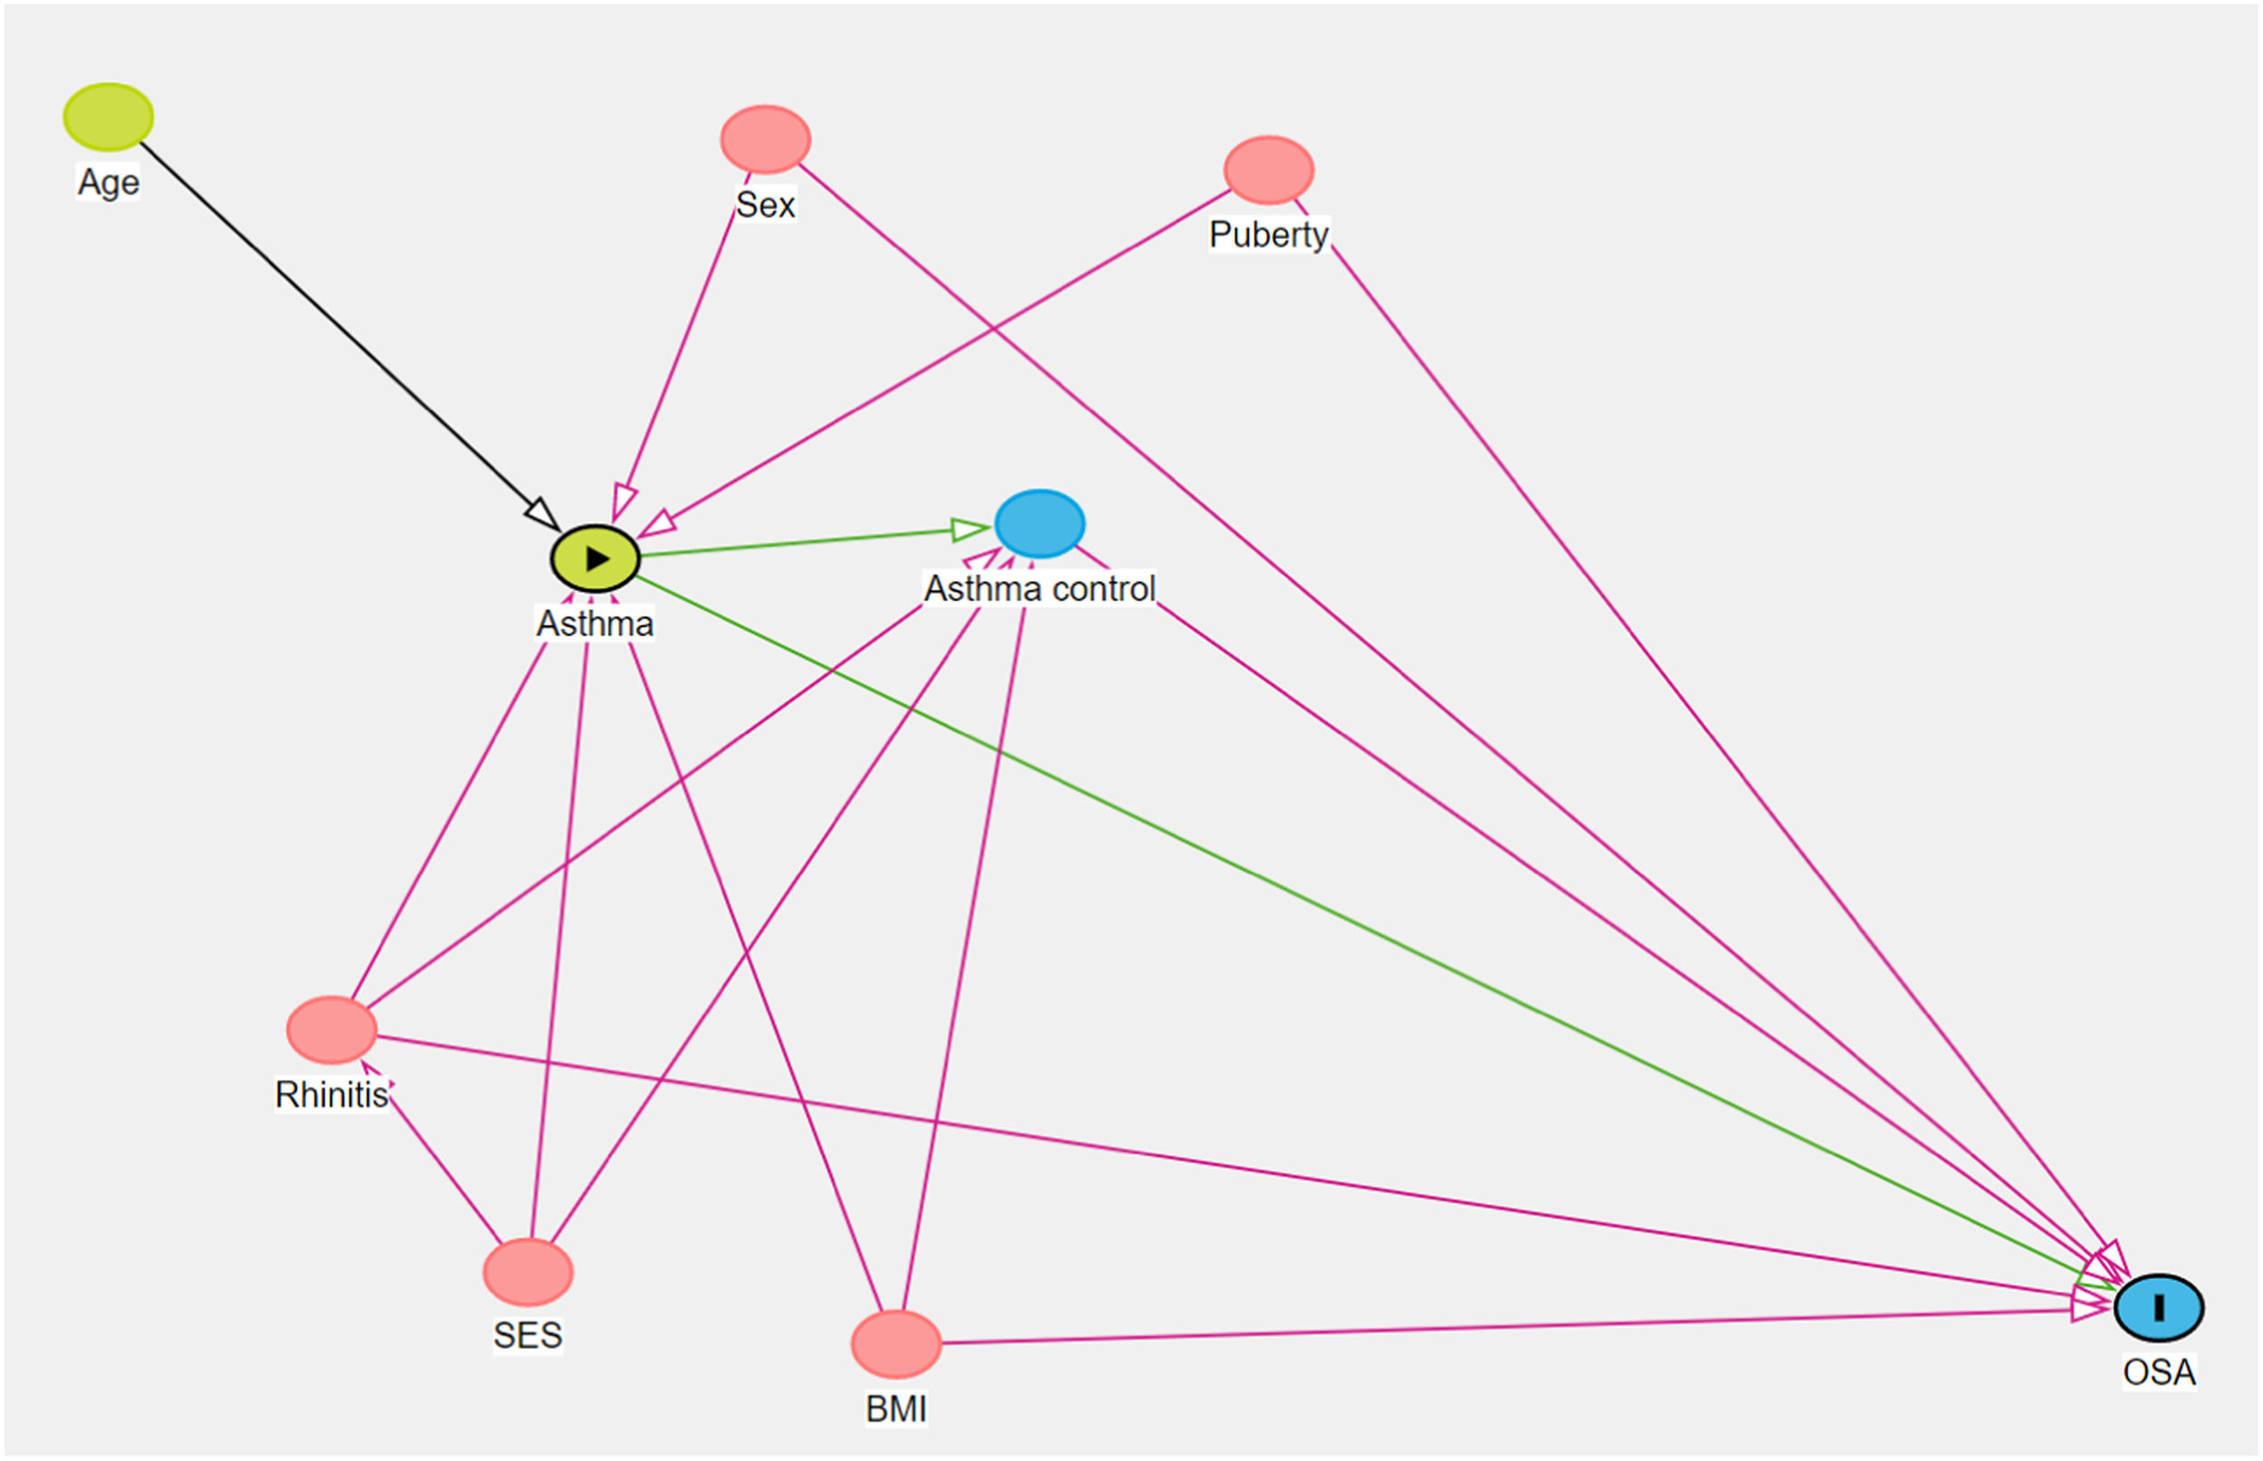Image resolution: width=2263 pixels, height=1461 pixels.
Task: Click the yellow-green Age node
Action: tap(108, 117)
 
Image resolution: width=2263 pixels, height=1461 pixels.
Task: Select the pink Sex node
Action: tap(766, 139)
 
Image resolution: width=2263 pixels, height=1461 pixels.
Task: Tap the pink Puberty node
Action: tap(1268, 170)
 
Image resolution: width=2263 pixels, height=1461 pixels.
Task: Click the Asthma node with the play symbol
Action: tap(595, 559)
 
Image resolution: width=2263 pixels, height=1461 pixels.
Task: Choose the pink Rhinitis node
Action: tap(331, 1030)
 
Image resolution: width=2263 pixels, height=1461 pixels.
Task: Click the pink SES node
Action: tap(528, 1272)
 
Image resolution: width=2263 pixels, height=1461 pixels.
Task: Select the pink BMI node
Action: tap(895, 1344)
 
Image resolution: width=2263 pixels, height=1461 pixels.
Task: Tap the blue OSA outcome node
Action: tap(2159, 1308)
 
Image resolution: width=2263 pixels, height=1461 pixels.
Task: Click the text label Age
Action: tap(108, 182)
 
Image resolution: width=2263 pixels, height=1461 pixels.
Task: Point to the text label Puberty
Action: tap(1268, 234)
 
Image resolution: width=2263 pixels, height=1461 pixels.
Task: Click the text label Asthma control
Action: tap(1039, 589)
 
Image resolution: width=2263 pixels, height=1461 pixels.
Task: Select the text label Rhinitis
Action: tap(331, 1094)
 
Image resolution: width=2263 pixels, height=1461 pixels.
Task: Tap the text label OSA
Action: tap(2159, 1371)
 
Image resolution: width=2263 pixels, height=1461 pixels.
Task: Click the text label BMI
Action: tap(895, 1408)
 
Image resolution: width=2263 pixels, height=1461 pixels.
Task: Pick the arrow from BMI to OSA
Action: tap(1508, 1327)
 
